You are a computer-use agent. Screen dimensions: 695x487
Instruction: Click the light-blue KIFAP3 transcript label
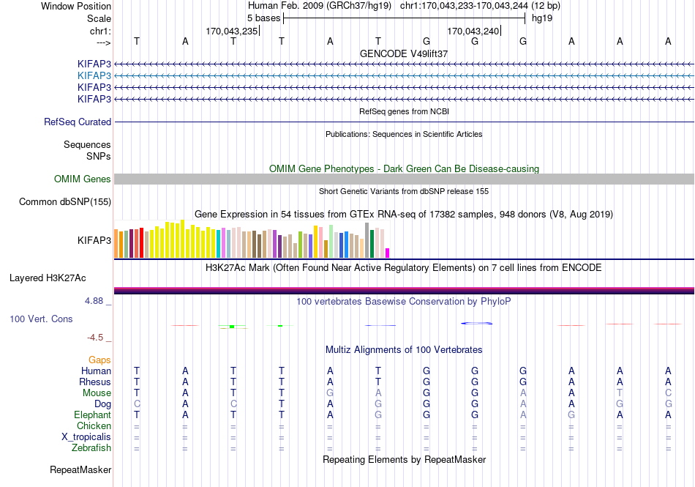(94, 75)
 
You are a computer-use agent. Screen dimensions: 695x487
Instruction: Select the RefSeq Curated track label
(78, 122)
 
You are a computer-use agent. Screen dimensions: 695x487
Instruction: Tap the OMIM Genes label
(83, 179)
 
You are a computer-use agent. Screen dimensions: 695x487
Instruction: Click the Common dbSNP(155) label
(65, 202)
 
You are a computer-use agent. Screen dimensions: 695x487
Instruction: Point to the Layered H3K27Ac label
(48, 278)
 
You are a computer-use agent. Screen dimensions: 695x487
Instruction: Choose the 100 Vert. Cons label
(41, 319)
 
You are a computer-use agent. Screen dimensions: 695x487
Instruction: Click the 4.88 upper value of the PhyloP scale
(94, 301)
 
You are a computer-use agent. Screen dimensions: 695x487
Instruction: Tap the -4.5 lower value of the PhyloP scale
(95, 338)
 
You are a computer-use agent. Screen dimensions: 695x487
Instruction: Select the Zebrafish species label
(91, 448)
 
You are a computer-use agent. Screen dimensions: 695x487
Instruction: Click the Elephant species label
(92, 414)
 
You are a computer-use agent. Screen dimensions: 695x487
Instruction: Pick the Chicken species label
(94, 425)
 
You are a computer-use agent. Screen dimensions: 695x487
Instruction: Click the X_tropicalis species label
(86, 437)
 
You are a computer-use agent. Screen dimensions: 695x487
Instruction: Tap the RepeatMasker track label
(80, 469)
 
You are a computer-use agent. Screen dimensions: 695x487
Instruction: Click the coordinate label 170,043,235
(231, 31)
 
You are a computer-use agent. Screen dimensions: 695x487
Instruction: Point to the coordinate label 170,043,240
(473, 31)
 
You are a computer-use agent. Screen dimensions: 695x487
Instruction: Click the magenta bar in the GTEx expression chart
(388, 253)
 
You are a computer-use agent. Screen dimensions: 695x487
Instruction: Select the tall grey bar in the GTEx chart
(367, 240)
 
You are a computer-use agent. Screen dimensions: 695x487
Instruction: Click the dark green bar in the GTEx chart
(372, 244)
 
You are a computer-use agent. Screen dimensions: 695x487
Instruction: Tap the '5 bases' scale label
(263, 18)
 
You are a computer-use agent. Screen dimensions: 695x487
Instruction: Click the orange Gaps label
(99, 360)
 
